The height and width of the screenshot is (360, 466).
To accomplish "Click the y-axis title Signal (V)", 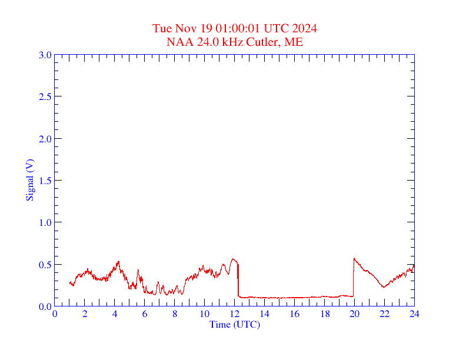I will [29, 180].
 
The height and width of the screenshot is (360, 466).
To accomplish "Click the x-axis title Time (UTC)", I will [235, 324].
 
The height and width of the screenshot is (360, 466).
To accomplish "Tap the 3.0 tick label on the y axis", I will [45, 55].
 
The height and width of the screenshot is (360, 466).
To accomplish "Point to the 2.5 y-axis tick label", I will [45, 96].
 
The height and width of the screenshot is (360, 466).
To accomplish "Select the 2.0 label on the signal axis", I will [45, 139].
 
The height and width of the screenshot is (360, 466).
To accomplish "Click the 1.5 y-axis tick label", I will [45, 181].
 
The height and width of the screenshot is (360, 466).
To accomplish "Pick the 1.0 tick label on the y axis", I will [45, 222].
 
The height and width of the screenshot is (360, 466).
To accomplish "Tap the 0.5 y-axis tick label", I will [45, 265].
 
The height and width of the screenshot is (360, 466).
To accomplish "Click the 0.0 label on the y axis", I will [45, 306].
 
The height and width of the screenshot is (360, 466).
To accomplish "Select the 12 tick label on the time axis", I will [235, 314].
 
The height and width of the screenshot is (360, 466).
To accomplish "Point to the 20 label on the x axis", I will [354, 314].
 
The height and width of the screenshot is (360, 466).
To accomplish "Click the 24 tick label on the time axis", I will [414, 314].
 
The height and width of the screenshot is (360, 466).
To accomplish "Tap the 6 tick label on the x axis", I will [145, 314].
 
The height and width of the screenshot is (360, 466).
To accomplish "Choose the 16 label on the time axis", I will [294, 314].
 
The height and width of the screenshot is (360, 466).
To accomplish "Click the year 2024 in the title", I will [305, 28].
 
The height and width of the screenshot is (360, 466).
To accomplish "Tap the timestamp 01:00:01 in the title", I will [239, 28].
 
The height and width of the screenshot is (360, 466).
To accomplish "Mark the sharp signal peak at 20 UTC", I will [354, 258].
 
